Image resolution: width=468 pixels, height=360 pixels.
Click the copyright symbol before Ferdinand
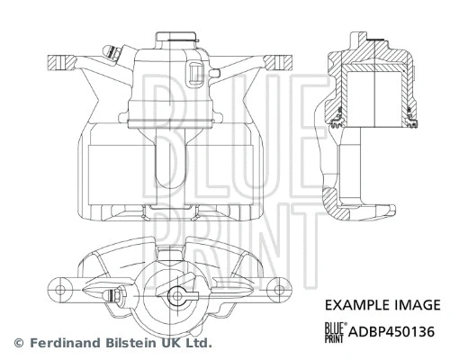point(18,343)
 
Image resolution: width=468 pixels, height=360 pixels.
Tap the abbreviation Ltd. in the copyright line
point(197,343)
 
